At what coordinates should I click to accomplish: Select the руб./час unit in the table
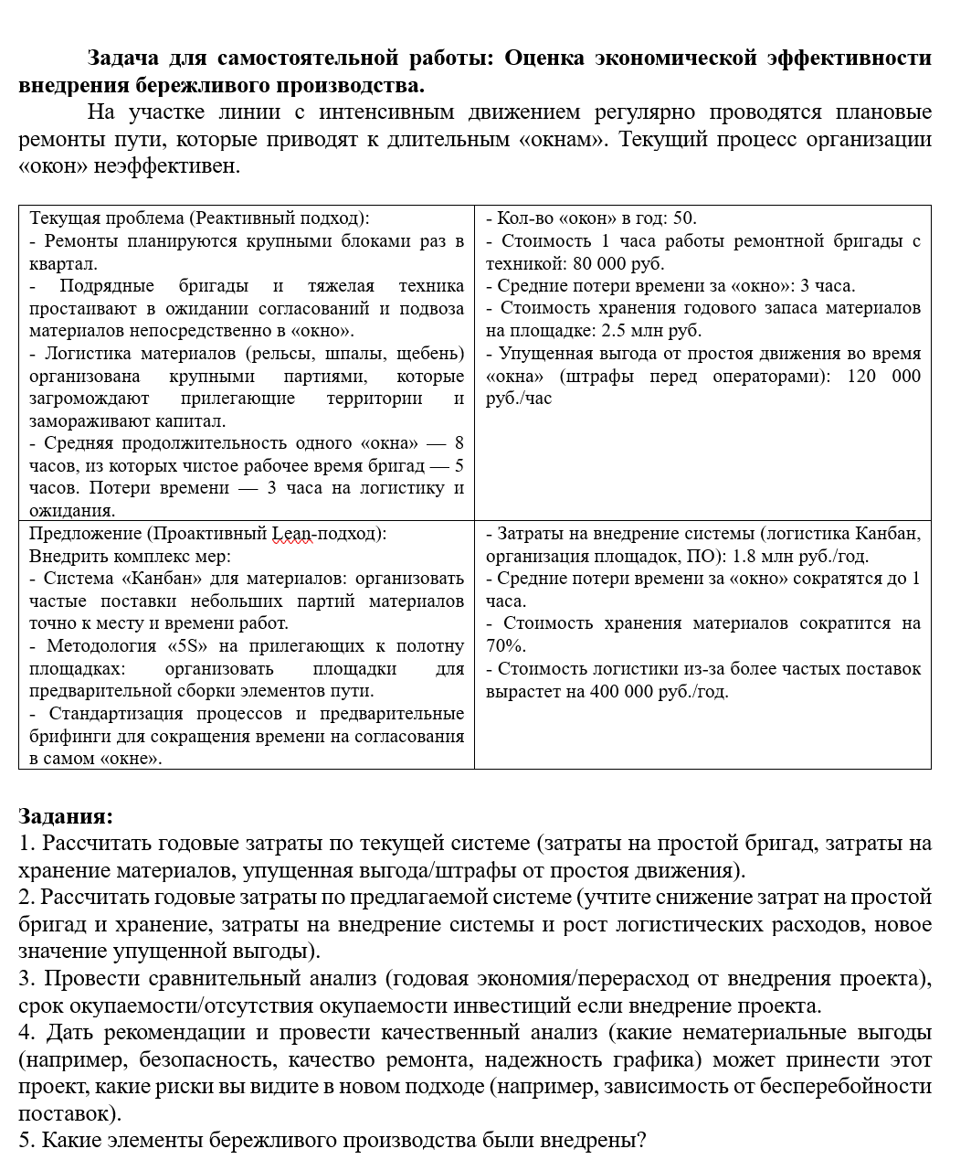[519, 399]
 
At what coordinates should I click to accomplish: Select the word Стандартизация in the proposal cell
[112, 713]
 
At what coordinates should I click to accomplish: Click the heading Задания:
[66, 816]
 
